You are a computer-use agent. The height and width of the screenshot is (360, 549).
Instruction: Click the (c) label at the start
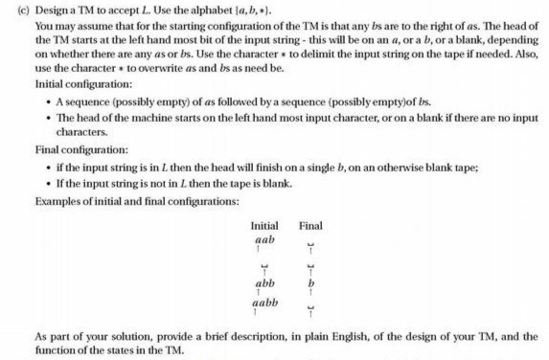12,10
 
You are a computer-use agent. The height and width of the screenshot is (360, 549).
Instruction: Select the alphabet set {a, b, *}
259,10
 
